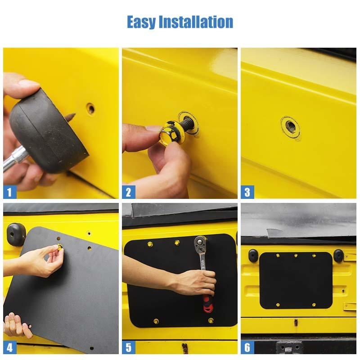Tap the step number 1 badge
tap(9, 192)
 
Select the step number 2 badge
tap(128, 192)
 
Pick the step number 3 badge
tap(247, 192)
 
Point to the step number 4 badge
tap(9, 347)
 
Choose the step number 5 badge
tap(128, 347)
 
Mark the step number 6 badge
tap(247, 347)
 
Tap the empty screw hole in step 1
tap(90, 108)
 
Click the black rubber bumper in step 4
tap(14, 232)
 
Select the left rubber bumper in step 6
tap(253, 256)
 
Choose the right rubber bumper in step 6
tap(338, 256)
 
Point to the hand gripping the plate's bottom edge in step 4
tap(16, 325)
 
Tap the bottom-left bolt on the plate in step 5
tap(156, 321)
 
